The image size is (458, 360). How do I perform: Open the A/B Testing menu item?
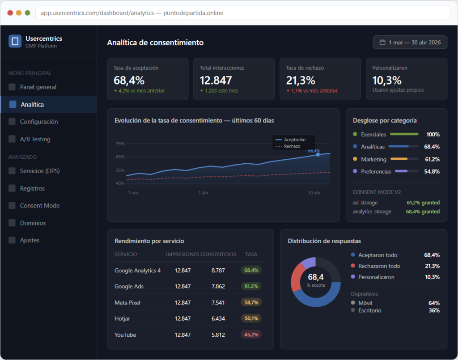coord(35,139)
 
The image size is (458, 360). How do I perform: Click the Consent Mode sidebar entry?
coord(39,206)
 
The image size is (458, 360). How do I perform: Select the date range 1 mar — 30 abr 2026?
coord(410,42)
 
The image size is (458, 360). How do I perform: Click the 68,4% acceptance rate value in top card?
coord(129,80)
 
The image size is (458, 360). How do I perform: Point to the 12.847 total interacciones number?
coord(216,80)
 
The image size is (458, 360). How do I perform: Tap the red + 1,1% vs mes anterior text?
coord(312,91)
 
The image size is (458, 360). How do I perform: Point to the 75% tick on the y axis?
coord(120,144)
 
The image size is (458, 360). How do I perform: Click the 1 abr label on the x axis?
coord(204,193)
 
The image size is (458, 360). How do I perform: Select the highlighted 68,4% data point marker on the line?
coord(318,155)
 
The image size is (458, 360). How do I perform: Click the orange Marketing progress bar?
coord(399,159)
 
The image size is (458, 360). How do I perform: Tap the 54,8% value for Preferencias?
coord(432,171)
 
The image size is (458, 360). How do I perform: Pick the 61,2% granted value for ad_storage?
coord(423,203)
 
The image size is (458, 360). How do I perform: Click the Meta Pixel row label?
coord(127,303)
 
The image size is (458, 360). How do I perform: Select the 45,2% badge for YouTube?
coord(251,335)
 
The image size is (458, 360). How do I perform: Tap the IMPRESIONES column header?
coord(182,254)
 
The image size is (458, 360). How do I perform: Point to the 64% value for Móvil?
coord(434,303)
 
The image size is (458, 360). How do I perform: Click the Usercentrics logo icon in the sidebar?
coord(15,41)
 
